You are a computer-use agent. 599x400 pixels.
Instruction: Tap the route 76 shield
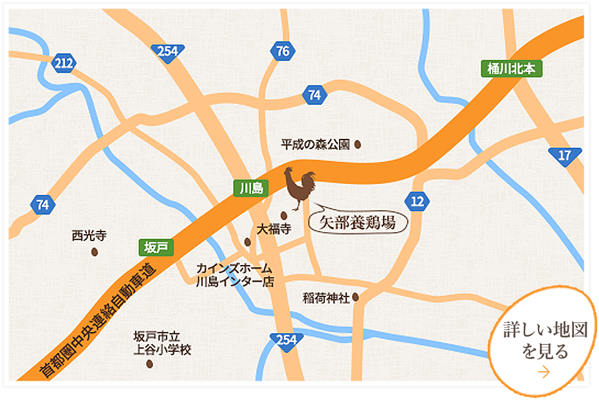[282, 51]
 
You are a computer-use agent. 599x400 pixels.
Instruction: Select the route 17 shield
[564, 156]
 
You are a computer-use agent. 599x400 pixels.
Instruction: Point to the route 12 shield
[418, 202]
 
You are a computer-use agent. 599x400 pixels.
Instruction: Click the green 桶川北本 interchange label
[511, 69]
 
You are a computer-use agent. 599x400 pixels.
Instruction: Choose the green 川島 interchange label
[249, 188]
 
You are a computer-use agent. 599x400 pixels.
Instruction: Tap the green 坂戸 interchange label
[156, 247]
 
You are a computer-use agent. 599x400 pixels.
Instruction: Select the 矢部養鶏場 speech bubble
[358, 223]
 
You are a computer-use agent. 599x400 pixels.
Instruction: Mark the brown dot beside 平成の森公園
[358, 145]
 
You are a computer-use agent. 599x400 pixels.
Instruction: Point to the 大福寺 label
[274, 228]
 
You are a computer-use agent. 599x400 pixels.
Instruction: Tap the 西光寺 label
[89, 237]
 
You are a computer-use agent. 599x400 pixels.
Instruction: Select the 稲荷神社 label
[326, 298]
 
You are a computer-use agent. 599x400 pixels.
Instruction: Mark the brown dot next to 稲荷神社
[355, 297]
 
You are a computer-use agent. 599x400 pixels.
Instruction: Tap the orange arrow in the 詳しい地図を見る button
[544, 372]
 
